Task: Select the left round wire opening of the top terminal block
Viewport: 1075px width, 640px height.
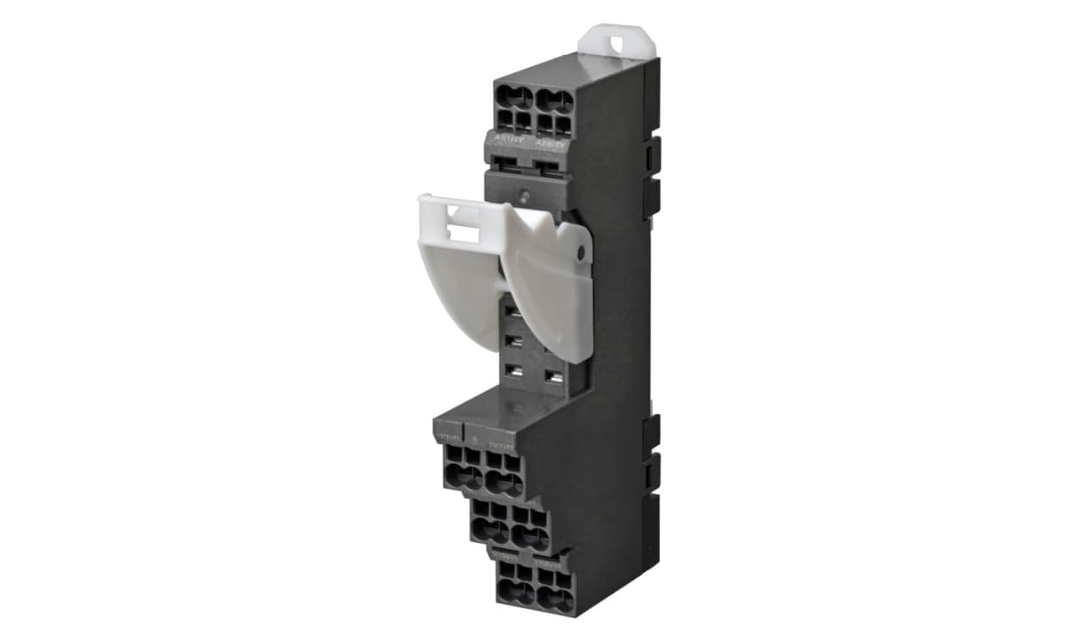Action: [517, 96]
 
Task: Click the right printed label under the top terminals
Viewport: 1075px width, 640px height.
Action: [551, 143]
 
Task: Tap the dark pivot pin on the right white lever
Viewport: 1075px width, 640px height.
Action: [582, 253]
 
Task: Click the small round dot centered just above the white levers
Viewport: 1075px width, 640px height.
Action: [525, 182]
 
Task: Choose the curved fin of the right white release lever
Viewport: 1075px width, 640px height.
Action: [550, 292]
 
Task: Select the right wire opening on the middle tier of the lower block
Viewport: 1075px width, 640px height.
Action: [531, 537]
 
